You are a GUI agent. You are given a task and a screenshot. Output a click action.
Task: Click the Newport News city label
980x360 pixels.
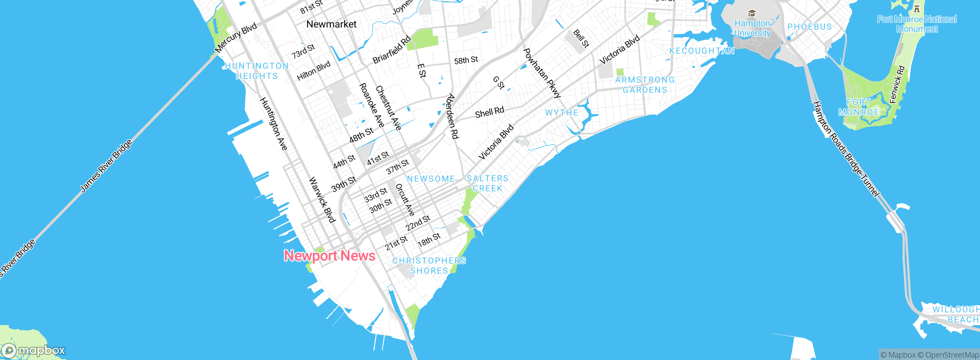[329, 255]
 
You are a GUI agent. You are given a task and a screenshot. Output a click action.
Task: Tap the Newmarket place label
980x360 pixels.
[332, 24]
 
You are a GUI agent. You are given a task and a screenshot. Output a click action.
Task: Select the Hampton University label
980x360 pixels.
[752, 28]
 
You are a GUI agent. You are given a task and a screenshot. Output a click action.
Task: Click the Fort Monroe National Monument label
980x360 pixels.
[917, 24]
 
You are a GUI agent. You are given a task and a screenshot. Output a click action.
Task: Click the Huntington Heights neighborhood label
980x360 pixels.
[257, 71]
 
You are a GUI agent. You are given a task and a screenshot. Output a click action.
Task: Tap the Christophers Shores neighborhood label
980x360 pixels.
[429, 266]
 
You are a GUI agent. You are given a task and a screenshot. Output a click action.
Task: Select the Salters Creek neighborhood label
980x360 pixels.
[488, 183]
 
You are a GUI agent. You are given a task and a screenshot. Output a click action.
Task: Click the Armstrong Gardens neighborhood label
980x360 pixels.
[645, 85]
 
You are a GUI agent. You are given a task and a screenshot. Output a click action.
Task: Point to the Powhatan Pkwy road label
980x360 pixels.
[542, 73]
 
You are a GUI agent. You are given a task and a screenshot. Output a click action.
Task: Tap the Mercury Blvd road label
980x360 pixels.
[236, 38]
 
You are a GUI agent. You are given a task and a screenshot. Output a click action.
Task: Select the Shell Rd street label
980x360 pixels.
[489, 112]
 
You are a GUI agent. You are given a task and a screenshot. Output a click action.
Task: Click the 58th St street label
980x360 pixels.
[466, 60]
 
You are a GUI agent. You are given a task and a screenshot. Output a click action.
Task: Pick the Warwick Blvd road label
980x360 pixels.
[322, 200]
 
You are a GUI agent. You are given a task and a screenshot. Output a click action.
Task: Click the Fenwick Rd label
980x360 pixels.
[897, 85]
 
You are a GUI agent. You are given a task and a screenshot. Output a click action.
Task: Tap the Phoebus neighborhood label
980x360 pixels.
[809, 27]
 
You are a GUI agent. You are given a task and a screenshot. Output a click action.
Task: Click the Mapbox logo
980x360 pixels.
[34, 350]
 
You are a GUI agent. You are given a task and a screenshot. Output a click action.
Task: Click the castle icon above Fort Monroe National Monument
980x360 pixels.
[917, 8]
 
